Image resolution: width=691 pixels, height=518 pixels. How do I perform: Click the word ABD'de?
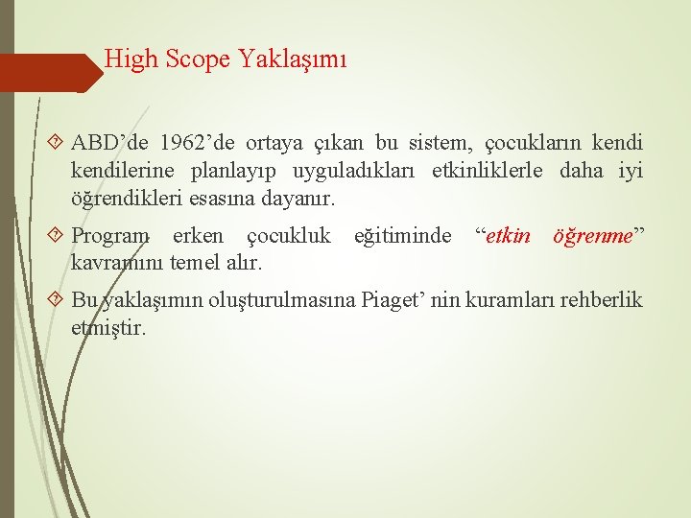point(109,144)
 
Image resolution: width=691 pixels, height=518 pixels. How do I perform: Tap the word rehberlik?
point(602,300)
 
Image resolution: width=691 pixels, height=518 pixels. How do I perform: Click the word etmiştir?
point(108,327)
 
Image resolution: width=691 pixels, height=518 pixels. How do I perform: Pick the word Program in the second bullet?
point(110,235)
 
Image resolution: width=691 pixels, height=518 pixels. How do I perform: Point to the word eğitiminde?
point(402,235)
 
